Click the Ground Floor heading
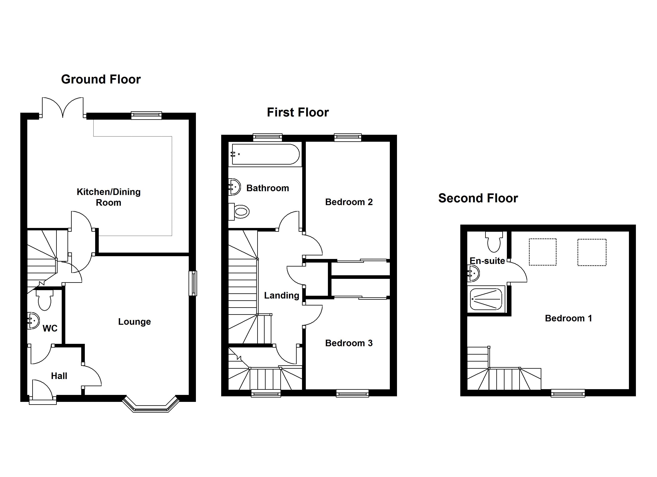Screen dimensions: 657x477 [101, 79]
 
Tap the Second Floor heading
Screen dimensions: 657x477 [478, 198]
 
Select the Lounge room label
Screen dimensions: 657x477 [134, 322]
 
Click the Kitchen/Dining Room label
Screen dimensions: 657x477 [109, 197]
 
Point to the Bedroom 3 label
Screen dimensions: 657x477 [349, 343]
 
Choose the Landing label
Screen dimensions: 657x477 [282, 295]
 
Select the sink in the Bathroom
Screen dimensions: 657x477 [235, 187]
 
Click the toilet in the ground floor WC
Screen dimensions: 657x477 [45, 300]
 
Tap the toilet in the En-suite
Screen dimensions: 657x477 [494, 242]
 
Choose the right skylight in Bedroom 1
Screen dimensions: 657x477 [592, 252]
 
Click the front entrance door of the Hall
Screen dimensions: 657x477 [42, 392]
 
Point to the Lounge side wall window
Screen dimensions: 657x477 [193, 283]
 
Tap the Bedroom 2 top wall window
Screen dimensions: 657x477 [348, 137]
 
